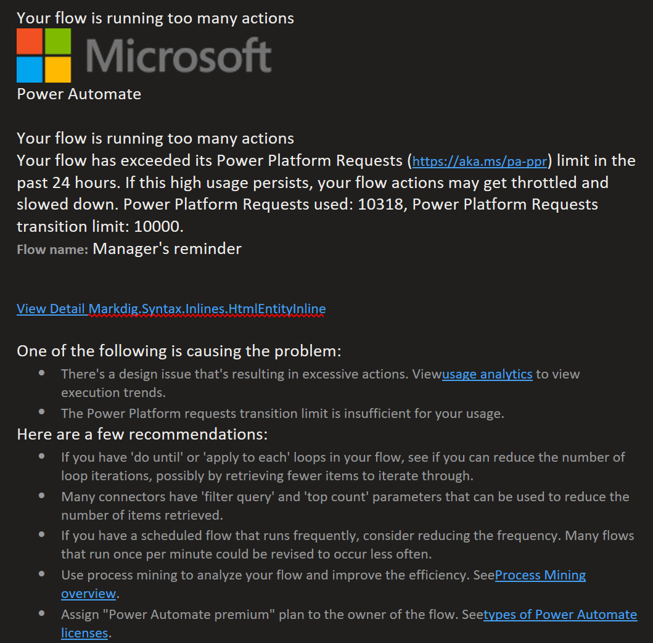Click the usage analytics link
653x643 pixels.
tap(487, 374)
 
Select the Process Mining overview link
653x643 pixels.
tap(540, 575)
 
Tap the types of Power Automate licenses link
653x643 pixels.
tap(560, 615)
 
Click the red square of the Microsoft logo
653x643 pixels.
tap(30, 41)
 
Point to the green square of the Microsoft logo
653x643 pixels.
tap(58, 41)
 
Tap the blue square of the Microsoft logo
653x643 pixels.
tap(30, 69)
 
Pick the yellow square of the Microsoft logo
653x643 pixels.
tap(58, 69)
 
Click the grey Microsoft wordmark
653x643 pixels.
tap(178, 55)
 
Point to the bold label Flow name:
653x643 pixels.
tap(52, 250)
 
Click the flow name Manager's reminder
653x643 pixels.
tap(167, 249)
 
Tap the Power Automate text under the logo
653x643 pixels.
tap(79, 94)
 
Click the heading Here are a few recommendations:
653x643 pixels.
tap(142, 435)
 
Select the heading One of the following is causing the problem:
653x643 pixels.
tap(179, 351)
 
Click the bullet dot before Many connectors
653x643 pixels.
tap(41, 495)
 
